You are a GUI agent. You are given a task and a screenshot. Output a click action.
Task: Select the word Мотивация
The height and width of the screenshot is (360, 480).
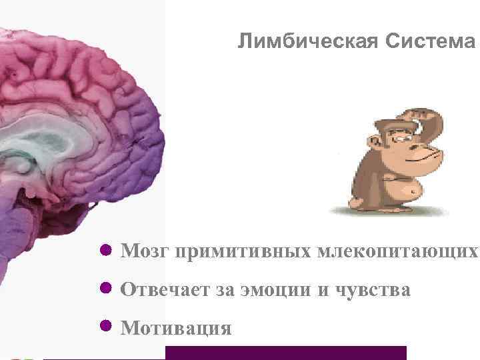tap(176, 328)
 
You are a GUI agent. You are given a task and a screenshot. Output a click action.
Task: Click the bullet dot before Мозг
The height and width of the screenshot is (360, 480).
tap(105, 251)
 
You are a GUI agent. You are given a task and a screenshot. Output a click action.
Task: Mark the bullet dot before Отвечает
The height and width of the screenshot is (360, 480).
tap(105, 289)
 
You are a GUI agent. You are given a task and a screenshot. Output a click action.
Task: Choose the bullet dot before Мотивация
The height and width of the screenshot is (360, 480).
tap(105, 327)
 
